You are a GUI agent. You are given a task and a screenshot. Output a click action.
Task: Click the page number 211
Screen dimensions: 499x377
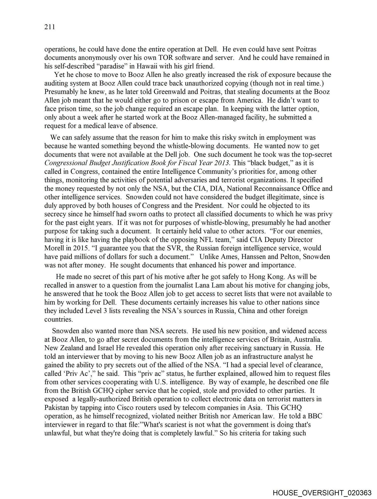50,27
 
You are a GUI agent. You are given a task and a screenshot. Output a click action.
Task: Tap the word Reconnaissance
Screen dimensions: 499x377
272,188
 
